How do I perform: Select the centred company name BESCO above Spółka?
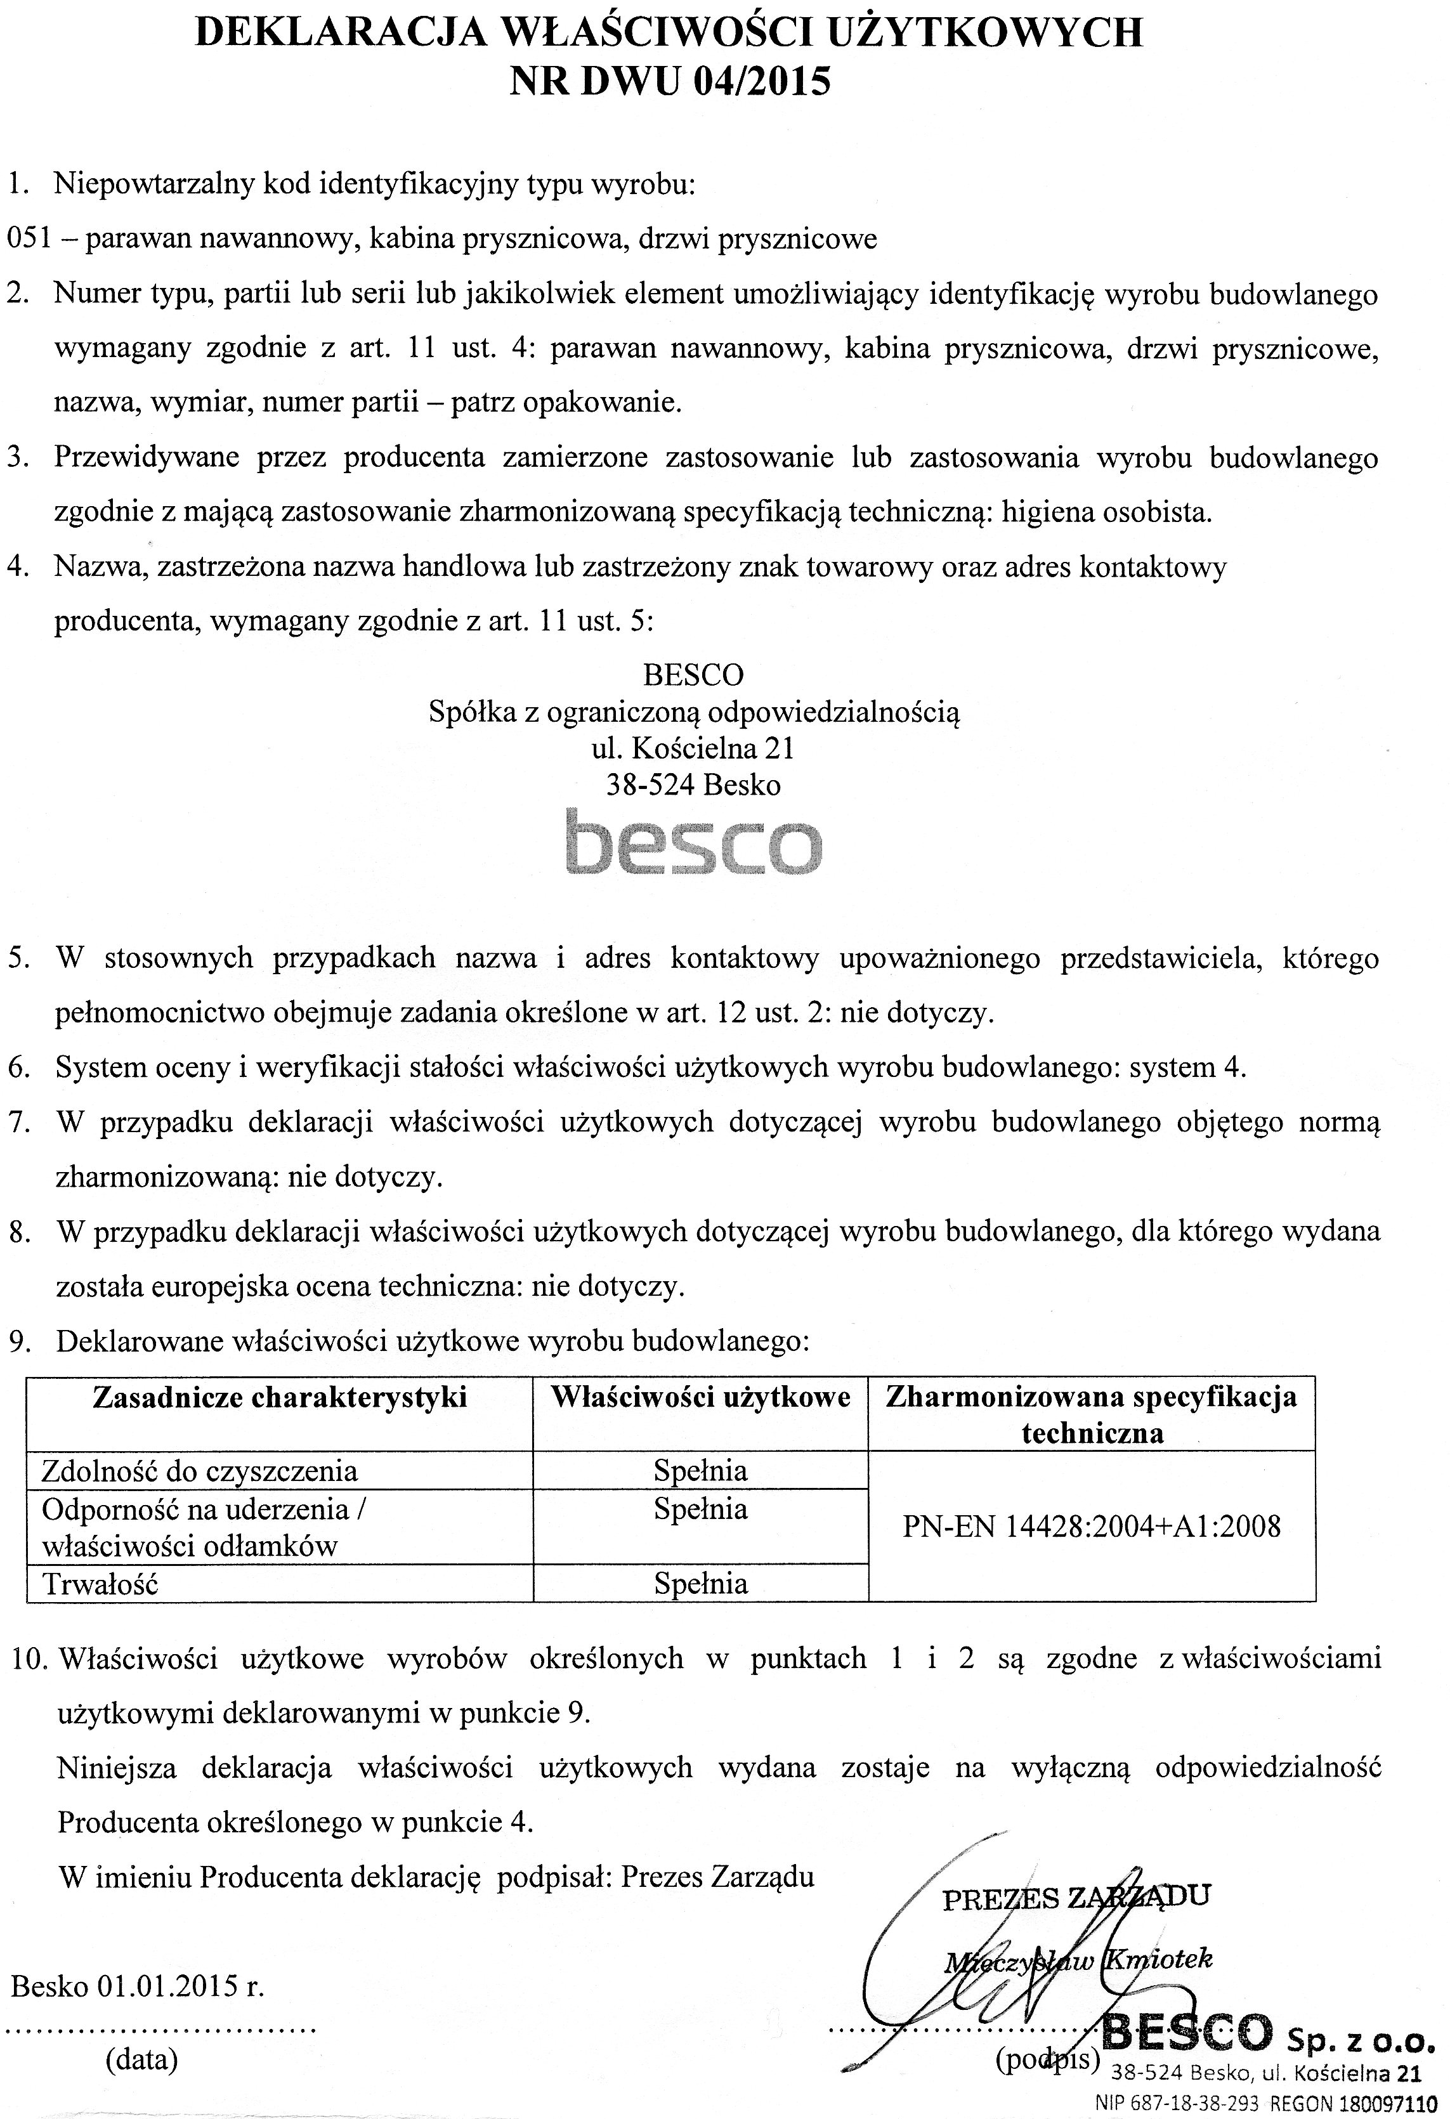click(x=693, y=675)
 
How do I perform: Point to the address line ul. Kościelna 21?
click(x=693, y=748)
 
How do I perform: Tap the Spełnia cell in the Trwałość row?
click(x=700, y=1584)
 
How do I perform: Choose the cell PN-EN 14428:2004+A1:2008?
click(x=1092, y=1527)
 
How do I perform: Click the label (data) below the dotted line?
click(x=141, y=2059)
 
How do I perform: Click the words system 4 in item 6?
click(x=1186, y=1067)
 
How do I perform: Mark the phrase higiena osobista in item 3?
click(x=1106, y=512)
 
